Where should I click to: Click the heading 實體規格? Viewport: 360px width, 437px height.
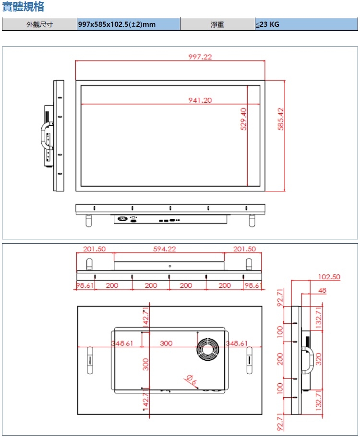point(24,7)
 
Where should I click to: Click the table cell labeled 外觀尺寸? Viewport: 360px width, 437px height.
point(39,24)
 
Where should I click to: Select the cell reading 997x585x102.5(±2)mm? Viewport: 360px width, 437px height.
point(117,24)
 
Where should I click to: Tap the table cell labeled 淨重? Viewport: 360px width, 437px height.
point(217,24)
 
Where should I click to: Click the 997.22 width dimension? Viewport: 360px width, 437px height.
point(200,57)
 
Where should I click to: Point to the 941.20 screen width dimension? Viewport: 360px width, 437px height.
point(200,100)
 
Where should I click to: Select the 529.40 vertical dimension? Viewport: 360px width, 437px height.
point(243,119)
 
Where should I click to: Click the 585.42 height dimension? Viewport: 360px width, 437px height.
point(281,119)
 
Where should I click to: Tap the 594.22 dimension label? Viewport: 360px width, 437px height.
point(165,249)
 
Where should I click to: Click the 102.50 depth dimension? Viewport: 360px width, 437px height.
point(329,277)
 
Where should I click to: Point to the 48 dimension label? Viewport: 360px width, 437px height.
point(322,290)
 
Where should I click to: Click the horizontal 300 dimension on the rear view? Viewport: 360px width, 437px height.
point(166,343)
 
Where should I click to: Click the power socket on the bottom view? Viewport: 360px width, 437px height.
point(122,219)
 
